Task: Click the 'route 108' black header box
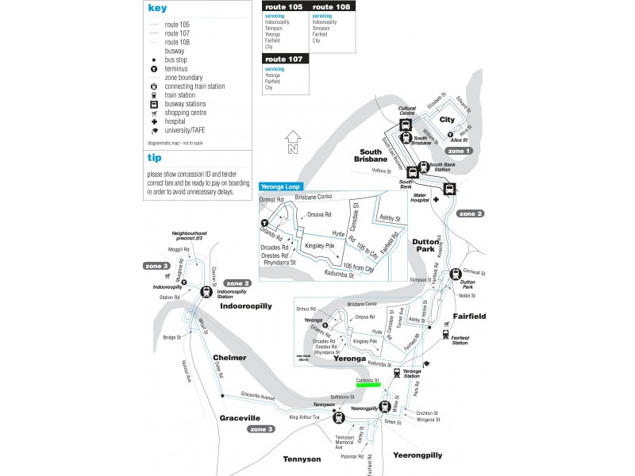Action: point(333,7)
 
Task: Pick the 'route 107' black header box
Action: point(285,59)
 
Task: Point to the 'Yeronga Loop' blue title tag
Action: point(281,186)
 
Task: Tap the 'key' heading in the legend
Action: point(157,9)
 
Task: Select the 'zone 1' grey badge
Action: point(459,151)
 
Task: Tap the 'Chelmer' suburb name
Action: point(229,358)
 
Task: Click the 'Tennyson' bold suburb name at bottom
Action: point(302,459)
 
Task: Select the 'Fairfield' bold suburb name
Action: point(470,317)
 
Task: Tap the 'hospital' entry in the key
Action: point(175,121)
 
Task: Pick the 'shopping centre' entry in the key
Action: point(185,113)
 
